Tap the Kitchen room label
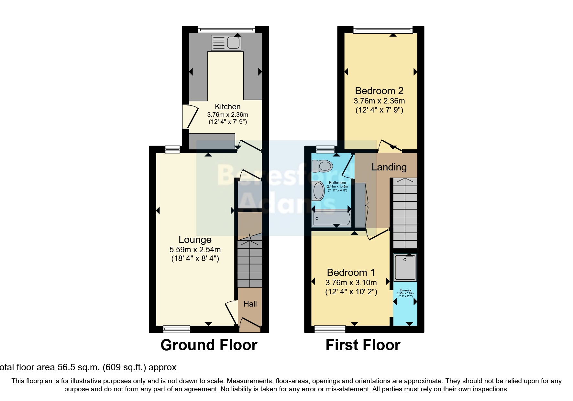point(227,107)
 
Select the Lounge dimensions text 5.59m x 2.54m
point(195,250)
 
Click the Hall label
point(250,304)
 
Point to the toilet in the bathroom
point(322,166)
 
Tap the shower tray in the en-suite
point(405,267)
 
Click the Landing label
point(389,167)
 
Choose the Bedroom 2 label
point(379,91)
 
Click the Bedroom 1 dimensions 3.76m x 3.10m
point(351,283)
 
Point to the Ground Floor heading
point(209,345)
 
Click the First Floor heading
point(363,345)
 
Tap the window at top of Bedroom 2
point(383,30)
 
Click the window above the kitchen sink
point(226,29)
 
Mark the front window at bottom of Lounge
point(177,329)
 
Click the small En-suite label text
point(405,290)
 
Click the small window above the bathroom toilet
point(325,149)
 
